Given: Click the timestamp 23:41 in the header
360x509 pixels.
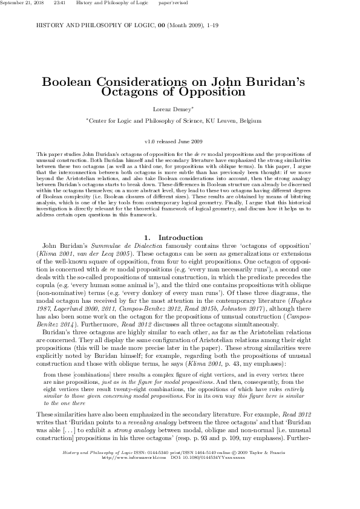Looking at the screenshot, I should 60,4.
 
